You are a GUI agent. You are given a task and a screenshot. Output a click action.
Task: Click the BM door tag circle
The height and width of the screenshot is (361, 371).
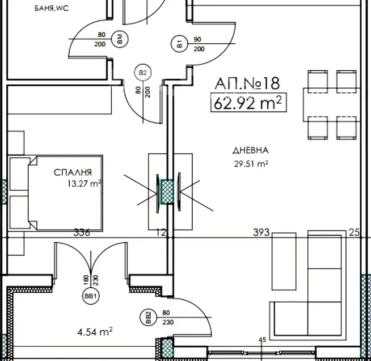(119, 39)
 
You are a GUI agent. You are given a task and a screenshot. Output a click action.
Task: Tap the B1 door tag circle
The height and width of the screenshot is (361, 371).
(179, 43)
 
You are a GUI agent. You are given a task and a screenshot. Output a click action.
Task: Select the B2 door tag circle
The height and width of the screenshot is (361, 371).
(143, 72)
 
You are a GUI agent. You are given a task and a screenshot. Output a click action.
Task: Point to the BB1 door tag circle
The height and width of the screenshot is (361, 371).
(91, 296)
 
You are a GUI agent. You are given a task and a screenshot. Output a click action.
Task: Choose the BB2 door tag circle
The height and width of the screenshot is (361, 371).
(148, 318)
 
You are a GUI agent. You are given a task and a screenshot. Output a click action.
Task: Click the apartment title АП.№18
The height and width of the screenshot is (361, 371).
(247, 84)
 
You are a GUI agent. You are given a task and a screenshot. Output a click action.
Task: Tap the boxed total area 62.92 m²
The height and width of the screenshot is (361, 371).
(249, 103)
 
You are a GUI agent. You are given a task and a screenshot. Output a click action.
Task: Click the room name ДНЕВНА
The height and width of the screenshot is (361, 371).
(251, 151)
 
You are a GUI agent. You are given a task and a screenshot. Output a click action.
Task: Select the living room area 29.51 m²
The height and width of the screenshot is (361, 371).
(251, 164)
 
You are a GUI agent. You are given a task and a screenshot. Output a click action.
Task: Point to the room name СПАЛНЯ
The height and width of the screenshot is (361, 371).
(73, 172)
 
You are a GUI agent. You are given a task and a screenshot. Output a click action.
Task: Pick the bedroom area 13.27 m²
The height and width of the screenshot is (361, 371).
(84, 183)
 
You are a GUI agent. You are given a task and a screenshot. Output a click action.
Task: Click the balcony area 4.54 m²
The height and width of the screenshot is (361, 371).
(95, 332)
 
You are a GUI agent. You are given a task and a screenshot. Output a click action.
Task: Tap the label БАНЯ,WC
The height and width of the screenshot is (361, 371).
(51, 8)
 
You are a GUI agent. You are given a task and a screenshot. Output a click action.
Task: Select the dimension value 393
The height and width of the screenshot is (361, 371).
(261, 232)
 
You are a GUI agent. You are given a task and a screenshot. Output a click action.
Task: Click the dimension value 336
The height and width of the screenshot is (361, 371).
(82, 232)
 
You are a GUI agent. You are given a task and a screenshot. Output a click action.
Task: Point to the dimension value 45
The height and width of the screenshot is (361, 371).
(262, 340)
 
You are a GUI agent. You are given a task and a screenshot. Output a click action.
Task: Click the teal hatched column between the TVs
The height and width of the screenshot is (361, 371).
(167, 192)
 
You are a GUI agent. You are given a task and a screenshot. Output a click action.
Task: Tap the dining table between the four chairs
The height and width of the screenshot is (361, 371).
(332, 105)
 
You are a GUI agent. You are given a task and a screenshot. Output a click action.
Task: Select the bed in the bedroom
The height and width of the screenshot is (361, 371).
(55, 193)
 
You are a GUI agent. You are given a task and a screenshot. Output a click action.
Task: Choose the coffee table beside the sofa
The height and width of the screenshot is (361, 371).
(284, 261)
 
